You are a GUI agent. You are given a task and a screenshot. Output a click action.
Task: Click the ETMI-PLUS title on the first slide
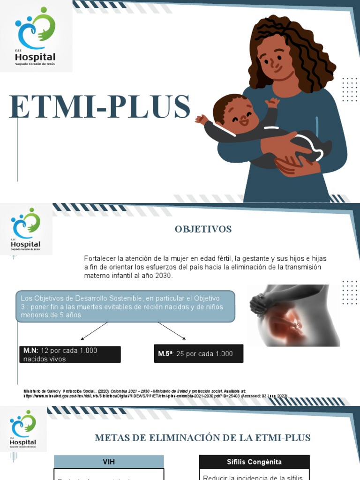point(99,107)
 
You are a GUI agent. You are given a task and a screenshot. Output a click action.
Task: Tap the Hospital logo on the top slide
point(36,37)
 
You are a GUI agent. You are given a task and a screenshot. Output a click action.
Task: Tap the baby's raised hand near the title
point(202,119)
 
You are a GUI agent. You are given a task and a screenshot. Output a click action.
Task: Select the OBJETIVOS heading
point(203,229)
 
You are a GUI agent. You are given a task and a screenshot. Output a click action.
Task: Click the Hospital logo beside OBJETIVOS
point(26,230)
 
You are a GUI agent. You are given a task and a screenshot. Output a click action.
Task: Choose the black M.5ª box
point(198,353)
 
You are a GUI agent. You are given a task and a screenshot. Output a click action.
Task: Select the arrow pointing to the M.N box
point(94,331)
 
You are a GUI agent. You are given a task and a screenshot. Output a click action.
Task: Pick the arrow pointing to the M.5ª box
point(172,330)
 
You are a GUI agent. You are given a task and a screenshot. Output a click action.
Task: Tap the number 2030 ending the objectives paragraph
point(164,276)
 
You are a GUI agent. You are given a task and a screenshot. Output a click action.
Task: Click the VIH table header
point(109,462)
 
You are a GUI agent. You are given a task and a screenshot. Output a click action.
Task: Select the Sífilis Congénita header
point(254,462)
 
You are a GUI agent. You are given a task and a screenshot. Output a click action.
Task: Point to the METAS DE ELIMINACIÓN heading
point(202,438)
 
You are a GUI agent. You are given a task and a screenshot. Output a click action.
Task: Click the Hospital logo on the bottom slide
point(23,430)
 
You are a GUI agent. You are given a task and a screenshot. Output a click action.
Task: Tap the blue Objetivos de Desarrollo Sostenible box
point(125,306)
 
